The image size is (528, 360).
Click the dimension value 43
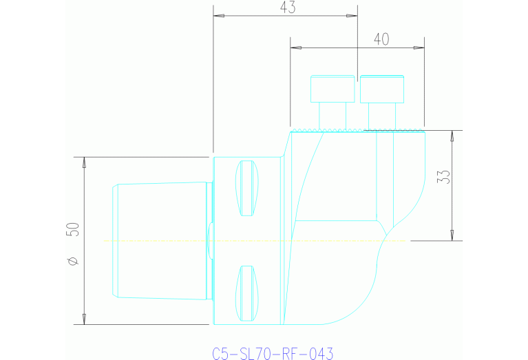[288, 8]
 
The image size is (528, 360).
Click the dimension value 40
[381, 39]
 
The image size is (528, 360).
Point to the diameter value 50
[73, 229]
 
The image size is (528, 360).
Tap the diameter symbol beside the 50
[74, 261]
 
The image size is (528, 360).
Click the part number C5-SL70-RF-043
[273, 354]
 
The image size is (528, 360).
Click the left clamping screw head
[332, 89]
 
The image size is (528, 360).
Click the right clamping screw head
[383, 89]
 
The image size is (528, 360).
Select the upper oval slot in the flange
[246, 188]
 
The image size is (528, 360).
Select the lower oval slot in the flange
[246, 294]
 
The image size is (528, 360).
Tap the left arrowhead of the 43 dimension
[218, 16]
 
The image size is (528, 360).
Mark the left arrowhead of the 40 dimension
[296, 47]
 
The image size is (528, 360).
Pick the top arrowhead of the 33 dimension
[452, 136]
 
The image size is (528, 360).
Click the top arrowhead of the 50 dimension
[84, 163]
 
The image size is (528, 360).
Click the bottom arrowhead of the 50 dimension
[84, 318]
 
